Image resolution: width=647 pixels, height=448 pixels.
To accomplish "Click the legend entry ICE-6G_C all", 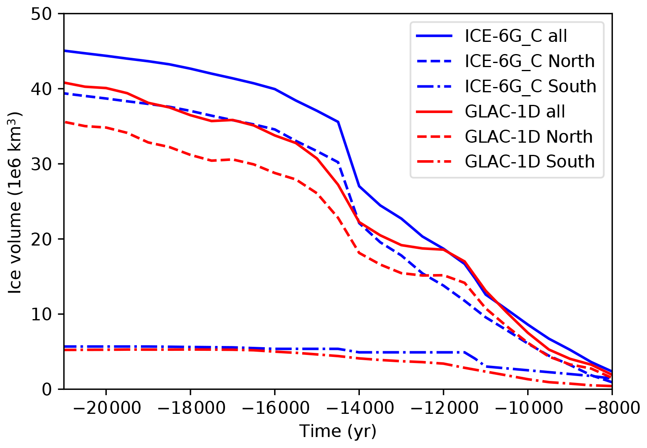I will (516, 36).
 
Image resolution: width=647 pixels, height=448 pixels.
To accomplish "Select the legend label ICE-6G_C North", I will (530, 61).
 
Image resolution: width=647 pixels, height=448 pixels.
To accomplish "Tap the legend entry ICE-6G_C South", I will (530, 87).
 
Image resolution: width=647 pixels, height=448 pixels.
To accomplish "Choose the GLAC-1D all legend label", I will (515, 112).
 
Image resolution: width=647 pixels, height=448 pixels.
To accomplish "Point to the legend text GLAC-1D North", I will (528, 137).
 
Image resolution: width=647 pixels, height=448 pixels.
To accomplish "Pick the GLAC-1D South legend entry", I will (530, 162).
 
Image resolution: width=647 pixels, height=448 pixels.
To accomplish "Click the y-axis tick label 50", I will (41, 14).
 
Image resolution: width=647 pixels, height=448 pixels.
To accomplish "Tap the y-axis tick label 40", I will (41, 89).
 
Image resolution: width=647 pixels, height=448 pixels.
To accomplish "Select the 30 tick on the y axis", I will (41, 164).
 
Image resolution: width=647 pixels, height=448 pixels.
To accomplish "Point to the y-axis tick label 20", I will (41, 239).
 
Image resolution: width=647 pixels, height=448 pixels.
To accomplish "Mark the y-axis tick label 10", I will (41, 314).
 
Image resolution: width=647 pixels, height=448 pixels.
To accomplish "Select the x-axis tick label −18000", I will (190, 408).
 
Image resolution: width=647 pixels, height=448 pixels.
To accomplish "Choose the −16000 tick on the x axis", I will (275, 408).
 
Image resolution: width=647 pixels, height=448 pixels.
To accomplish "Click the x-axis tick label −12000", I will (444, 408).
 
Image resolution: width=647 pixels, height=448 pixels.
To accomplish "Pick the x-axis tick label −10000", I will (528, 408).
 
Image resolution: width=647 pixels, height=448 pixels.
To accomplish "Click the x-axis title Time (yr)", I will (338, 431).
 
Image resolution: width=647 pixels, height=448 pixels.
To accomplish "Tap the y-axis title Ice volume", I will (15, 202).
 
